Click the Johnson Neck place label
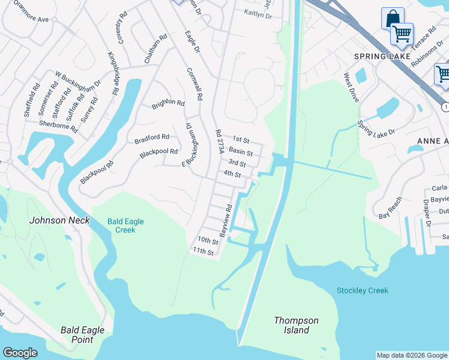click(59, 220)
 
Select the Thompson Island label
click(296, 325)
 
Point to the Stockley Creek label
click(362, 290)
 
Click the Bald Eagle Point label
click(82, 335)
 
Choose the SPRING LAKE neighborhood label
click(382, 56)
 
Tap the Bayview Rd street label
click(226, 221)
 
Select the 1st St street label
click(240, 139)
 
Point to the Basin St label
click(240, 152)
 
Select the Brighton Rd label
click(168, 103)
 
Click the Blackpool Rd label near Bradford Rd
click(158, 153)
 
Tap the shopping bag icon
click(392, 18)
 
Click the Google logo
click(20, 353)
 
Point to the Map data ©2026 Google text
click(412, 355)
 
